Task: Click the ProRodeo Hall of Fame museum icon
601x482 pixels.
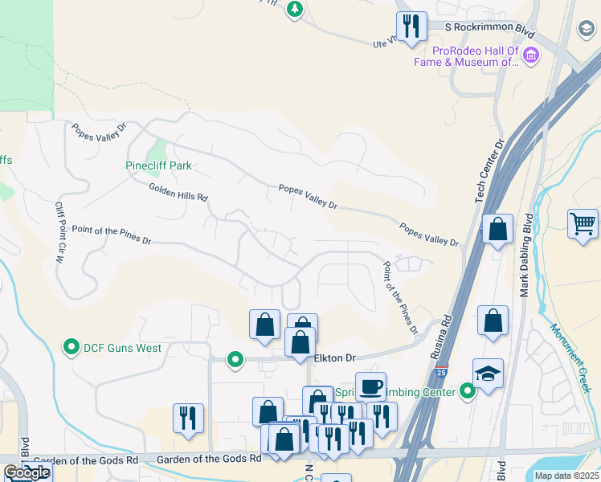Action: tap(530, 55)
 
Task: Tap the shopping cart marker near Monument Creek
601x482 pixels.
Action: tap(583, 224)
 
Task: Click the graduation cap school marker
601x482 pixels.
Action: tap(488, 374)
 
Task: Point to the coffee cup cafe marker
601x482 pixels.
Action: tap(370, 387)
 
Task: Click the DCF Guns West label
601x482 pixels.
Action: tap(124, 348)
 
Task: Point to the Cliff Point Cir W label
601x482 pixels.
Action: tap(59, 233)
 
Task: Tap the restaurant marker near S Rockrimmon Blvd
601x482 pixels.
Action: tap(410, 27)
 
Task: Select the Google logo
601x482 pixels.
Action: tap(27, 472)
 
